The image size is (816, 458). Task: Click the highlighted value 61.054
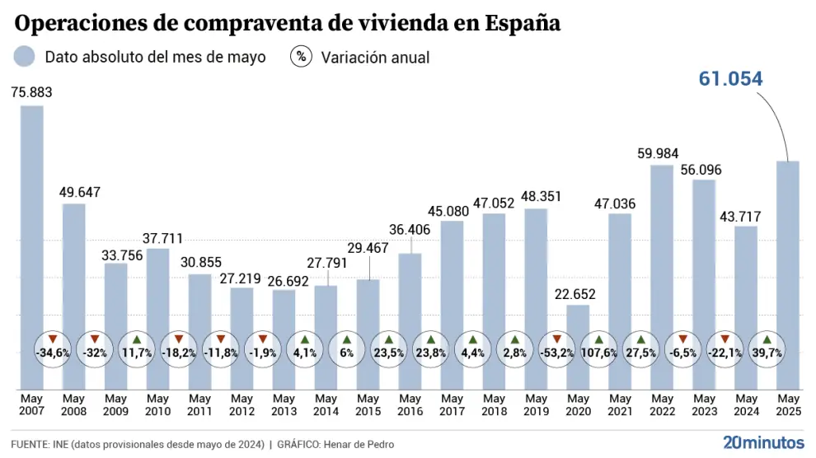coord(731,79)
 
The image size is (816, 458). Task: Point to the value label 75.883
coord(31,93)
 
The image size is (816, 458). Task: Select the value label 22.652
coord(578,294)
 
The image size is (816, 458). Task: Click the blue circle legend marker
coord(25,57)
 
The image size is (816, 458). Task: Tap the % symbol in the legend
coord(302,57)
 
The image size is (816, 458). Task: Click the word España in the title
coord(523,24)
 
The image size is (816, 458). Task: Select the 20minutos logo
coord(762,442)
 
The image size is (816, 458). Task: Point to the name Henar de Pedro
coord(360,445)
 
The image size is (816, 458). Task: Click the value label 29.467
coord(368,247)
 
